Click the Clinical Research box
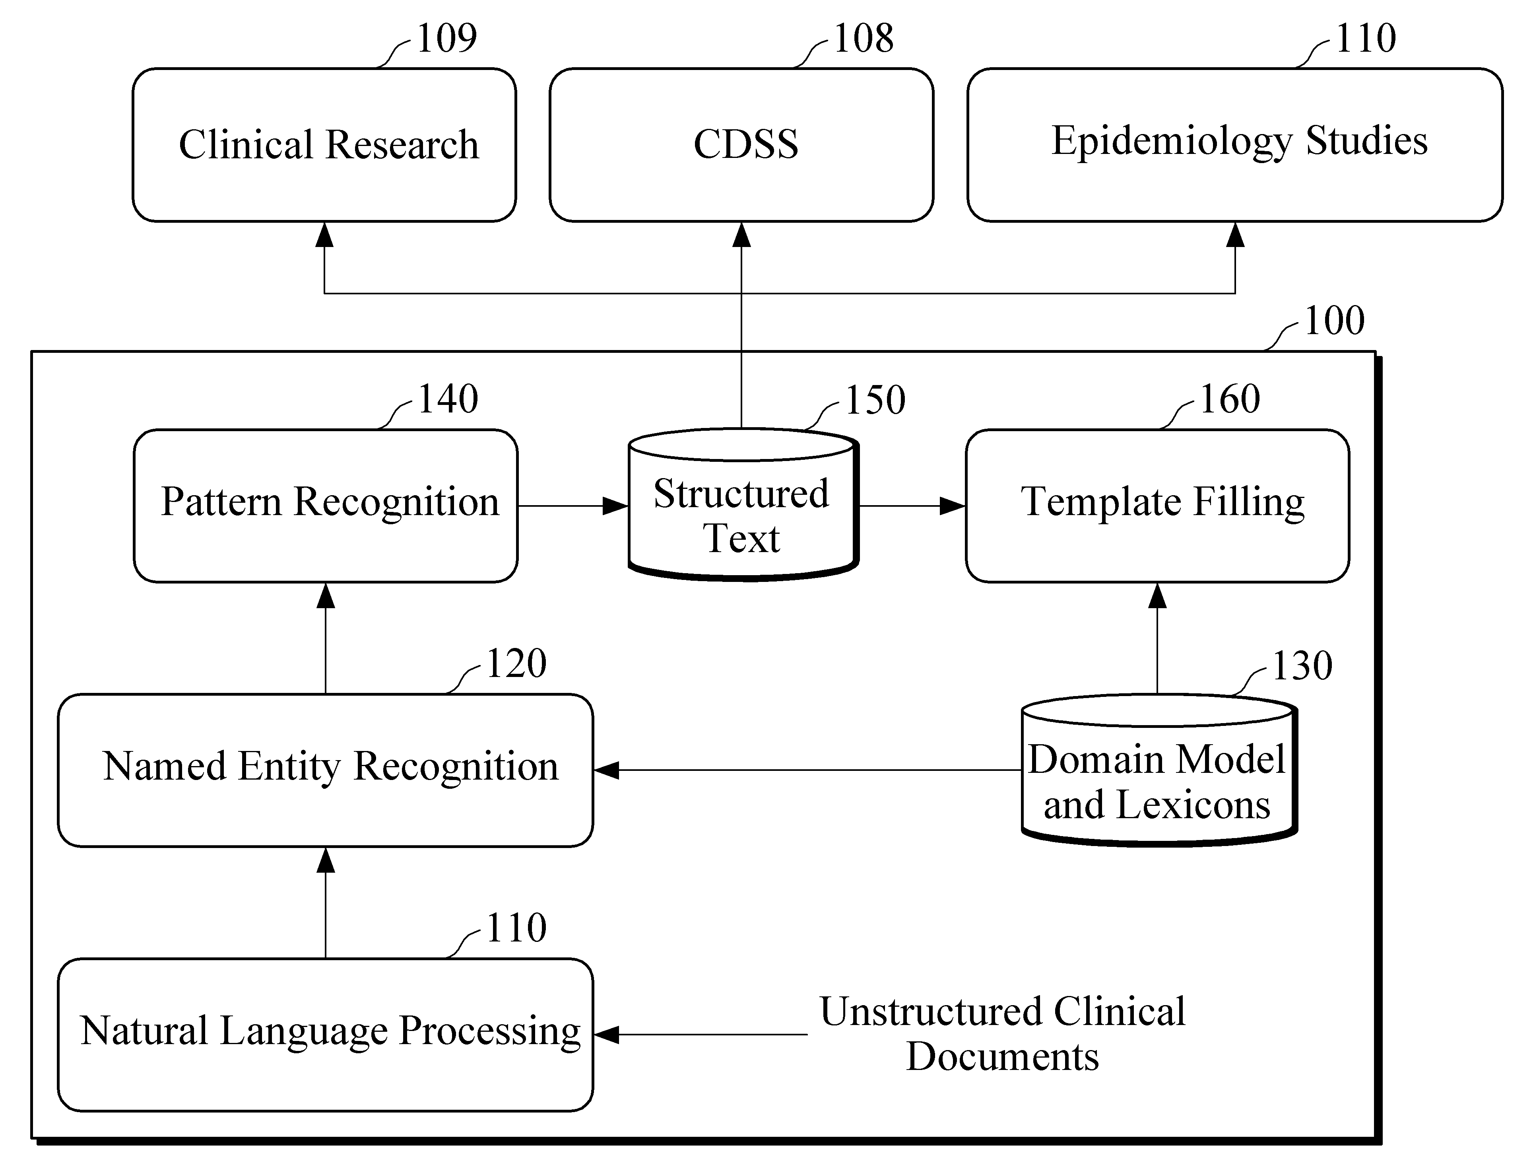(x=324, y=145)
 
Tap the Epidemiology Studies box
(x=1235, y=145)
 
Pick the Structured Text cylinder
(x=743, y=505)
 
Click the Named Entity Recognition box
(x=325, y=770)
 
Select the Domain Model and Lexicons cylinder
(x=1159, y=770)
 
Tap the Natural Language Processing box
(x=325, y=1035)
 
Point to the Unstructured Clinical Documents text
(x=1002, y=1034)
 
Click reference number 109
(x=446, y=38)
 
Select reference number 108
(x=863, y=38)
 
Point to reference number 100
(x=1333, y=321)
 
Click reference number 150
(x=875, y=400)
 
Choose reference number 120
(x=516, y=663)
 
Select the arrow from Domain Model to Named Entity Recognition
(x=807, y=770)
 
